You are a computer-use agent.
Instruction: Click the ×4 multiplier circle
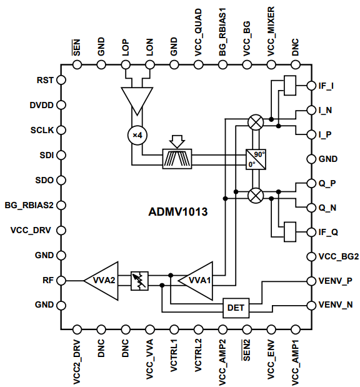pyautogui.click(x=137, y=135)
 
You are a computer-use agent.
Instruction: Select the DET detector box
pyautogui.click(x=236, y=308)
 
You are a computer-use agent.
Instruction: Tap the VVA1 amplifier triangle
pyautogui.click(x=197, y=281)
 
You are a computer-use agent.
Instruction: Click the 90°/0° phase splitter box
pyautogui.click(x=256, y=159)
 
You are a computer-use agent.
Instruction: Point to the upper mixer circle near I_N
pyautogui.click(x=256, y=123)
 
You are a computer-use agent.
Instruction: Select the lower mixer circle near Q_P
pyautogui.click(x=256, y=196)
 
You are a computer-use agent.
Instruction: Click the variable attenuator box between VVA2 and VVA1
pyautogui.click(x=139, y=281)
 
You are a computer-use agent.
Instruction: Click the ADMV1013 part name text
pyautogui.click(x=178, y=212)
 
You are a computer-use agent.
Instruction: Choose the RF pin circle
pyautogui.click(x=61, y=280)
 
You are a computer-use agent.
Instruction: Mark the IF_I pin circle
pyautogui.click(x=311, y=86)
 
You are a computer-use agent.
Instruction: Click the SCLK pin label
pyautogui.click(x=42, y=130)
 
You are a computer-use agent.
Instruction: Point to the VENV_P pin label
pyautogui.click(x=336, y=281)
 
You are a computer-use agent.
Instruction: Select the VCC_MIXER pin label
pyautogui.click(x=271, y=31)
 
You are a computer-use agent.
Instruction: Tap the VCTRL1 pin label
pyautogui.click(x=174, y=355)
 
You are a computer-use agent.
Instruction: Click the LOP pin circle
pyautogui.click(x=126, y=65)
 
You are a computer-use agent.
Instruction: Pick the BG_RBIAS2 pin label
pyautogui.click(x=29, y=205)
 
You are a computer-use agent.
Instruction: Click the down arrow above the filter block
pyautogui.click(x=177, y=142)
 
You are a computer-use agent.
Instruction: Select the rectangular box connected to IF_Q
pyautogui.click(x=290, y=232)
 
